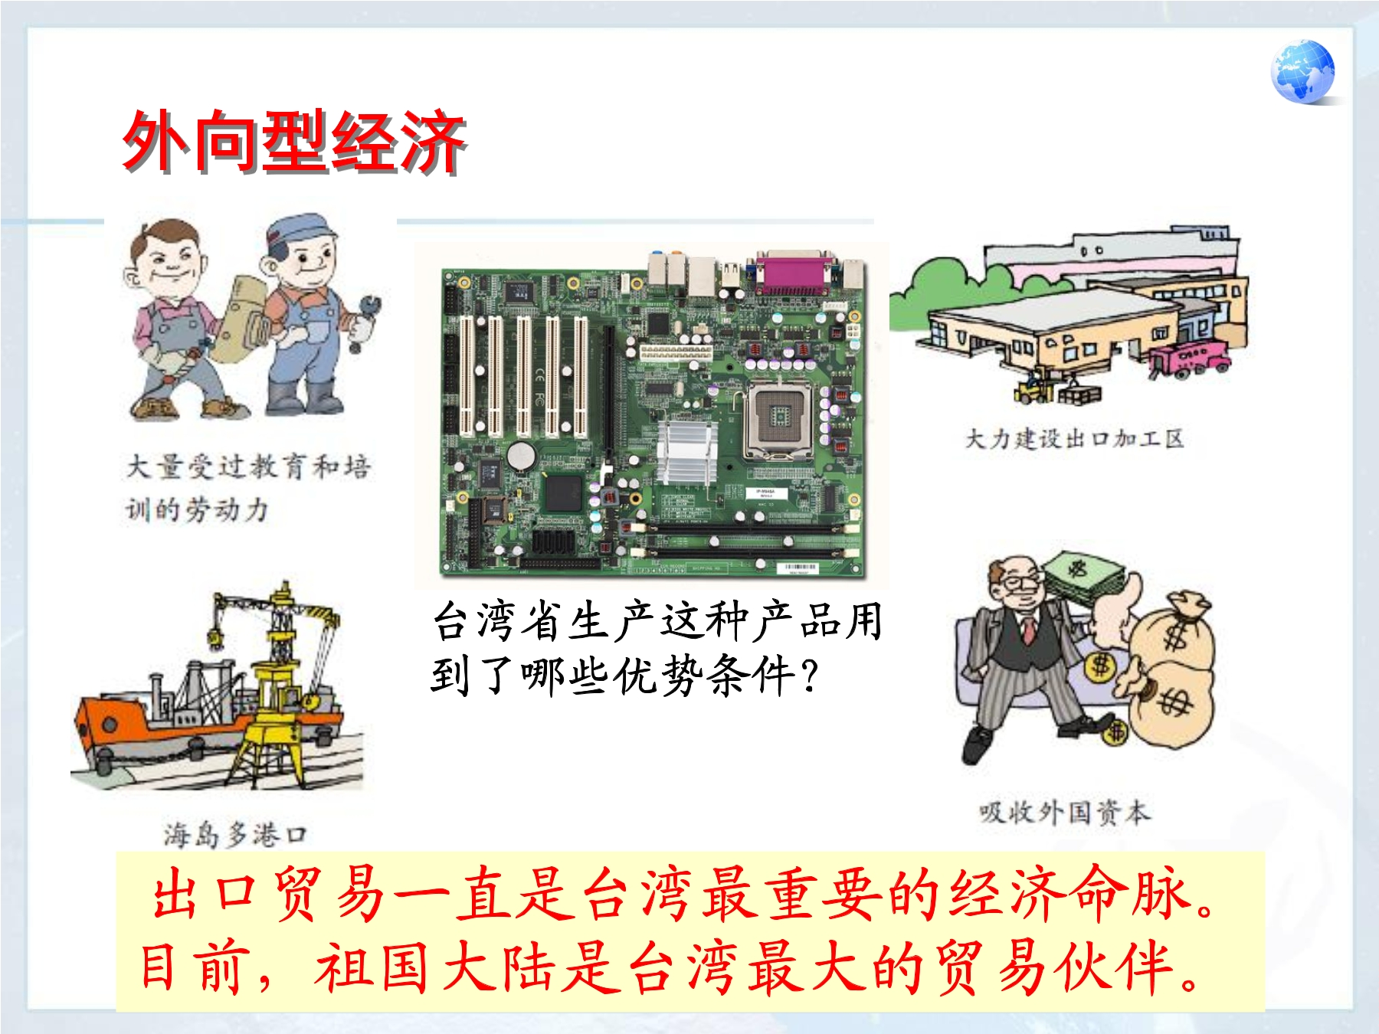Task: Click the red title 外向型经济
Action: pos(295,142)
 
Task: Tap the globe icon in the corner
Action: pos(1302,72)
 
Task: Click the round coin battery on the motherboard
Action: pos(521,456)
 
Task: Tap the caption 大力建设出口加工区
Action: pos(1074,439)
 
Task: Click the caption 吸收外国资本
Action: pos(1064,812)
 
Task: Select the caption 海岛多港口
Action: pos(235,834)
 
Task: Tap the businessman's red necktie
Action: pos(1029,628)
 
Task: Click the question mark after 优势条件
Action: pos(808,676)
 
